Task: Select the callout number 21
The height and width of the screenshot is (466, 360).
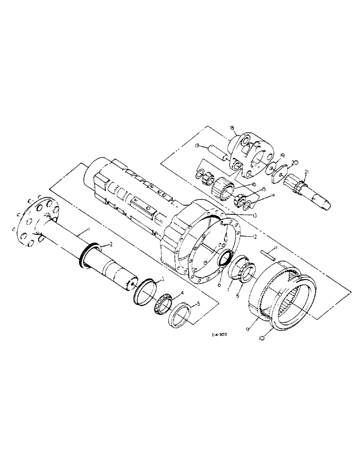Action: (306, 173)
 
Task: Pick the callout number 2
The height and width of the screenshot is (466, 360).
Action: (111, 244)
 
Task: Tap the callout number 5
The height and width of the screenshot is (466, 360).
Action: (198, 303)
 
